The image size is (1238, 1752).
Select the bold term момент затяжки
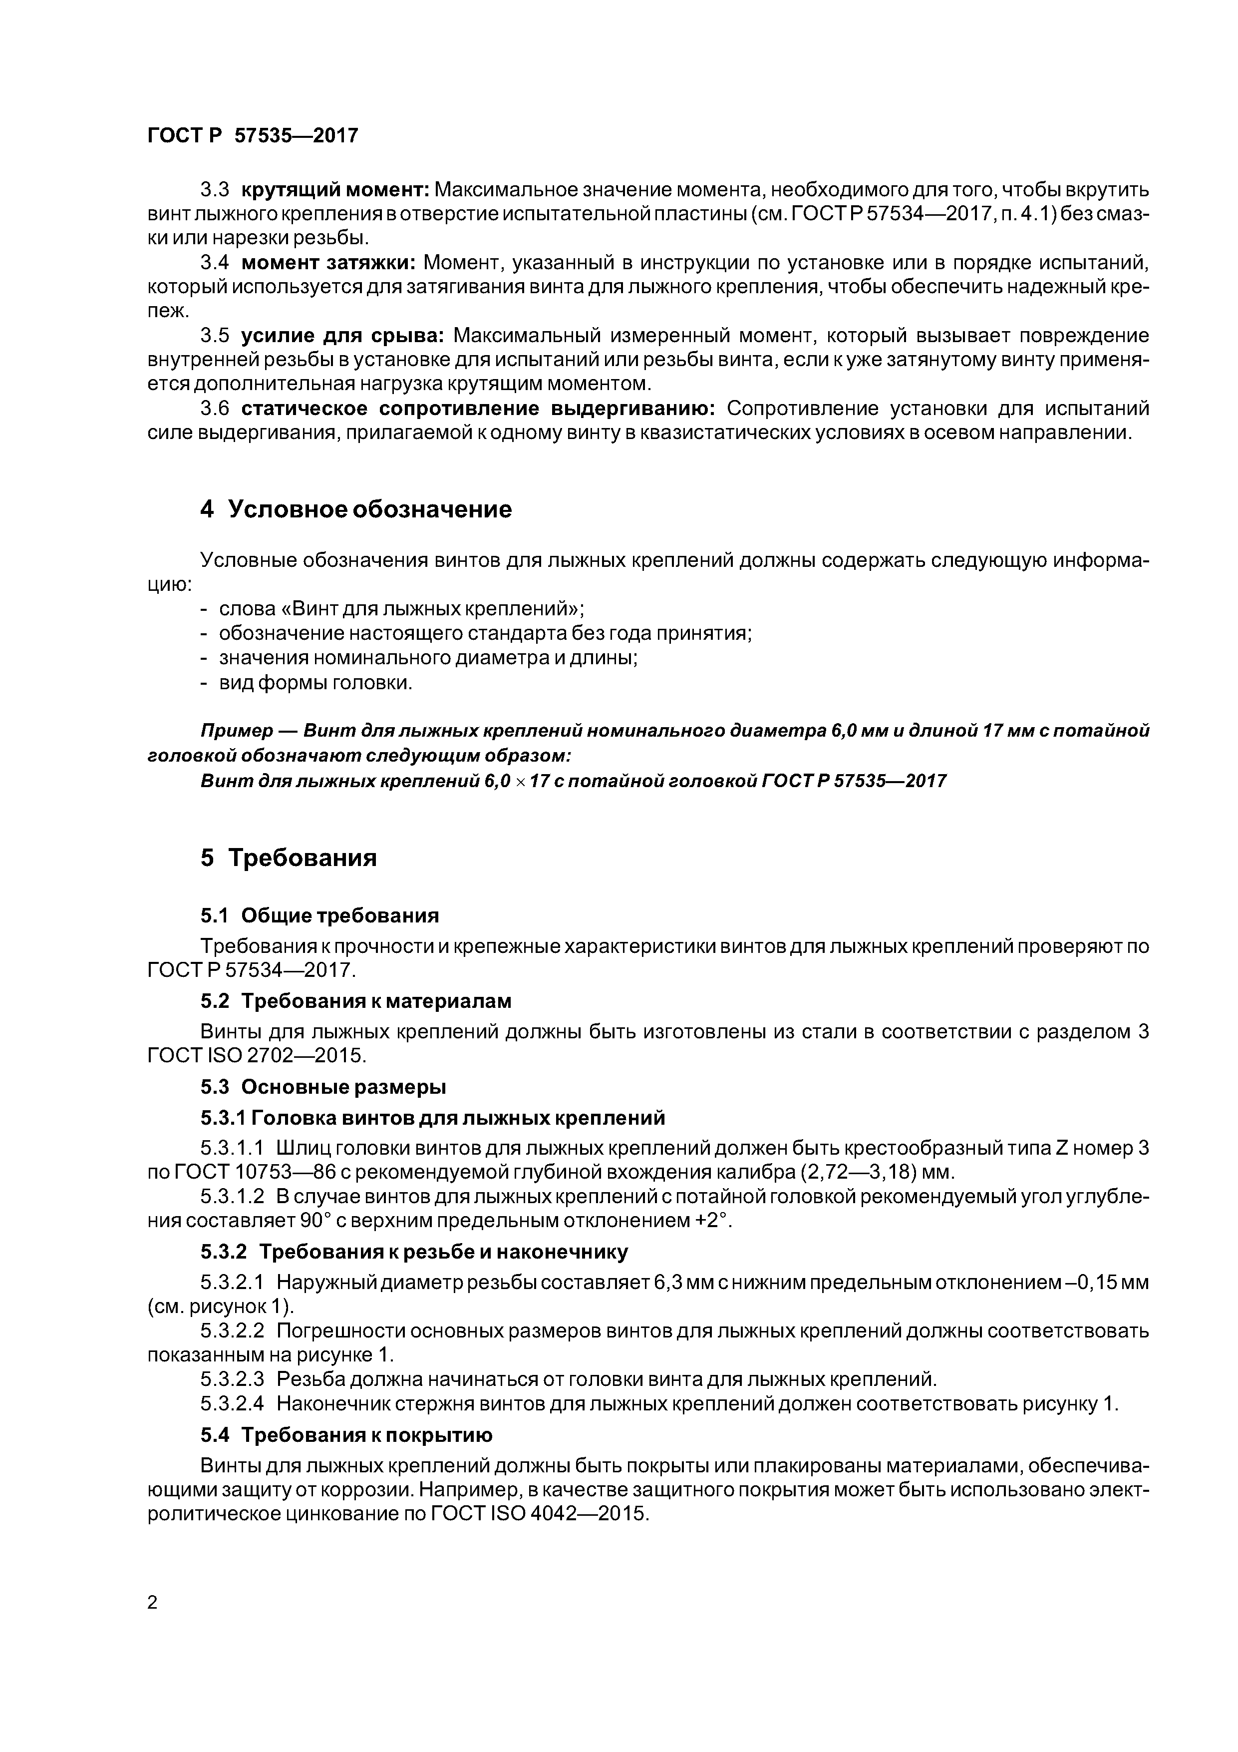point(328,263)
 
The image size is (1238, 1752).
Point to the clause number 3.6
point(214,409)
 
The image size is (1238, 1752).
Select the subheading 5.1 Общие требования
point(319,915)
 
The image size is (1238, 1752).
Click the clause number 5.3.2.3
point(232,1379)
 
